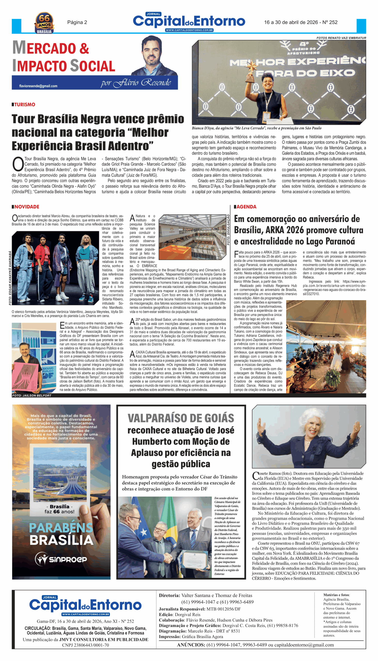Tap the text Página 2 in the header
click(77, 22)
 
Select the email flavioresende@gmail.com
click(38, 86)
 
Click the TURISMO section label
click(24, 105)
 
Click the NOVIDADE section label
click(26, 207)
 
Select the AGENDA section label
click(246, 207)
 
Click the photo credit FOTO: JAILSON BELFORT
click(32, 396)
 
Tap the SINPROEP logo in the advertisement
click(61, 559)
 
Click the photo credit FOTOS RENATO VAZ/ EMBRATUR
click(341, 38)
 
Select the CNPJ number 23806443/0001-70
click(86, 645)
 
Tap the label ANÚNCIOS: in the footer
click(191, 645)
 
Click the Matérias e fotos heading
click(336, 595)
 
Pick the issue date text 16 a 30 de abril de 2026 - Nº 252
click(301, 22)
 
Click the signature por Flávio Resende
click(136, 83)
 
